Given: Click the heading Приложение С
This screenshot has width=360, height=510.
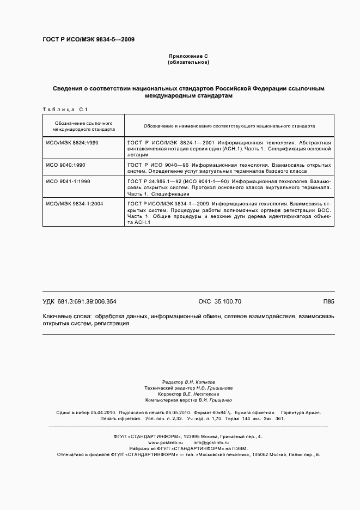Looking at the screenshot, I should coord(188,56).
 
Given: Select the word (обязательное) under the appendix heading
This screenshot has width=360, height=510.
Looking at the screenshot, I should coord(188,63).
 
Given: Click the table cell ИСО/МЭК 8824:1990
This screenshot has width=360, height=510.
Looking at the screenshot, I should coord(71,142).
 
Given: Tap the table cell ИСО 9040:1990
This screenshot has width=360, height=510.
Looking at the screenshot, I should coord(65,164).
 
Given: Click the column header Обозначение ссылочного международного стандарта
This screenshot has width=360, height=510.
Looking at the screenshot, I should coord(83,126).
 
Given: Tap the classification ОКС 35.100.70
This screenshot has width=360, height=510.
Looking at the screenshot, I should coord(219,302).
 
